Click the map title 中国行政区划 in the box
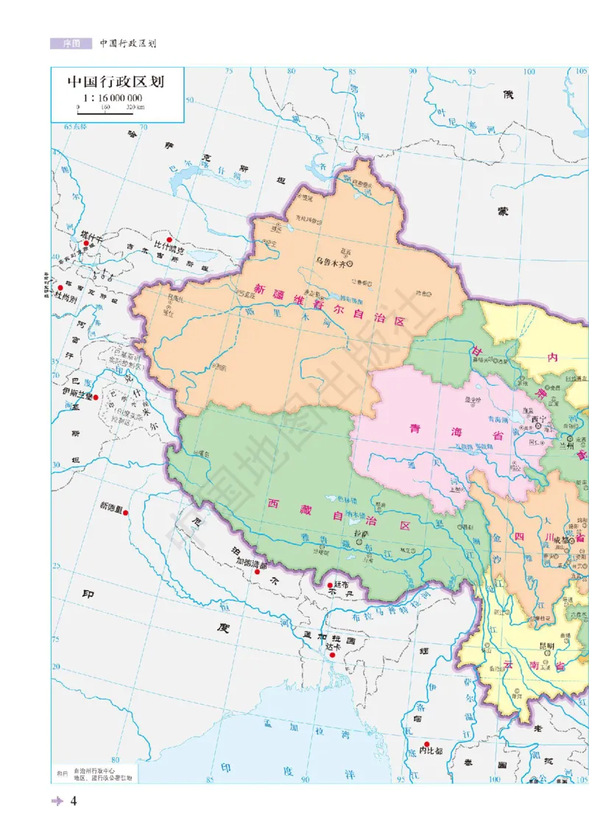point(114,82)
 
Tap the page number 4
point(74,802)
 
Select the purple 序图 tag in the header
point(71,43)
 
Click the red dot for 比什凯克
point(169,240)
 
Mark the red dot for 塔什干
point(83,237)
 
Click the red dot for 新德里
point(127,512)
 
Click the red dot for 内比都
point(426,744)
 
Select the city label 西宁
point(538,420)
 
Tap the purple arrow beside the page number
point(57,802)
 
